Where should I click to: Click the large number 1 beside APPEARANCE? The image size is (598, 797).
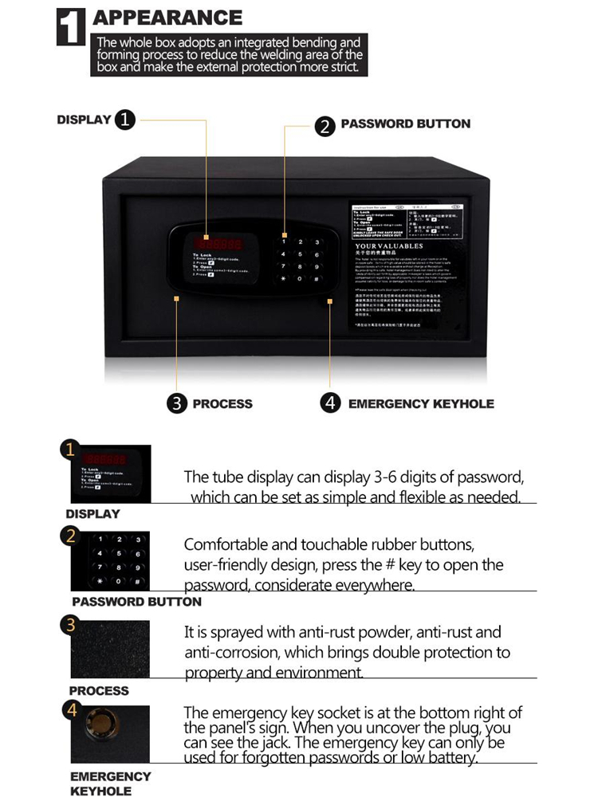pos(71,27)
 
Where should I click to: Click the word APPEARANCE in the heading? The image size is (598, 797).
pos(167,18)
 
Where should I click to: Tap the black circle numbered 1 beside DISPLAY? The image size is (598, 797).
pos(125,120)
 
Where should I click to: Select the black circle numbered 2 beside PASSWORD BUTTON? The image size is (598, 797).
pos(325,126)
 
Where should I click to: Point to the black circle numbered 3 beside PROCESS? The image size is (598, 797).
pos(177,403)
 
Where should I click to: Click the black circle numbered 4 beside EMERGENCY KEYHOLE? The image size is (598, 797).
pos(331,403)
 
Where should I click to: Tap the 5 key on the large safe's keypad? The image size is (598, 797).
pos(300,254)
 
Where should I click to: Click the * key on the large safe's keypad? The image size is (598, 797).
pos(283,280)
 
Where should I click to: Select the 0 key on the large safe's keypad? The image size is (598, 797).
pos(300,280)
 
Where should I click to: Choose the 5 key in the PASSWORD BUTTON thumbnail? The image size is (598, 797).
pos(118,553)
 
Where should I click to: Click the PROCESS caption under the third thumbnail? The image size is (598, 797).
pos(99,690)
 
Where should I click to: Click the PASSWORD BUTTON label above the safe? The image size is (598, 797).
pos(405,124)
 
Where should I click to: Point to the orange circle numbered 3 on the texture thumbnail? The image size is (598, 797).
pos(71,626)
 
